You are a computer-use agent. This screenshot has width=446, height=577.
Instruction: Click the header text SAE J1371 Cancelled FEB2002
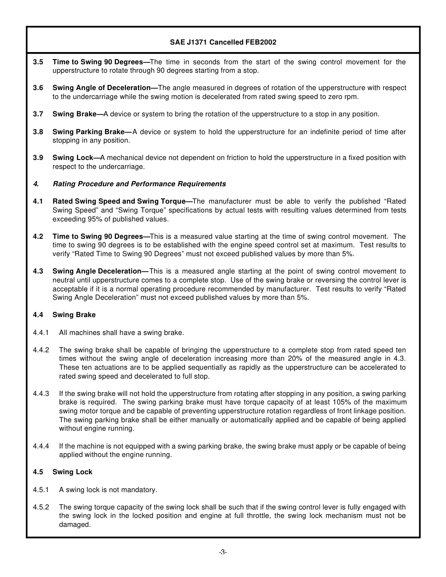(223, 42)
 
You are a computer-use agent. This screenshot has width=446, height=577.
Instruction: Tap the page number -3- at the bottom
(223, 552)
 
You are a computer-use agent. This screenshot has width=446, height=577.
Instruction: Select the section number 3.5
(38, 62)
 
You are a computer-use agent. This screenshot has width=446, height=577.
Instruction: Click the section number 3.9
(38, 158)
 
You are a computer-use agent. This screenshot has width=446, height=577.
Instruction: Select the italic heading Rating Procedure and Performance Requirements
(139, 184)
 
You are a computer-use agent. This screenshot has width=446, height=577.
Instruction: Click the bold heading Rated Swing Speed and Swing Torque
(119, 201)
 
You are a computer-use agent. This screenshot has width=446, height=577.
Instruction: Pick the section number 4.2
(38, 236)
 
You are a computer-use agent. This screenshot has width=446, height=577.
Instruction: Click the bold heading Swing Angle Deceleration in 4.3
(97, 271)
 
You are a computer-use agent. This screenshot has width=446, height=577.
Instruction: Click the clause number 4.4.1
(41, 333)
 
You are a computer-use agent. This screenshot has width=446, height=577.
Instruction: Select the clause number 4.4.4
(41, 446)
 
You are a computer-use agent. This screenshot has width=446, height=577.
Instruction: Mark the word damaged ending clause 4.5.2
(74, 524)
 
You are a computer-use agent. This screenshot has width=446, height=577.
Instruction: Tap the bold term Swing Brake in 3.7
(74, 114)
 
